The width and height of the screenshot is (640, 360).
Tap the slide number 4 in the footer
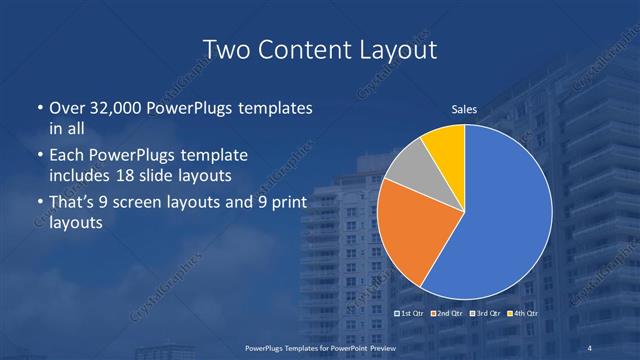pos(591,347)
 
